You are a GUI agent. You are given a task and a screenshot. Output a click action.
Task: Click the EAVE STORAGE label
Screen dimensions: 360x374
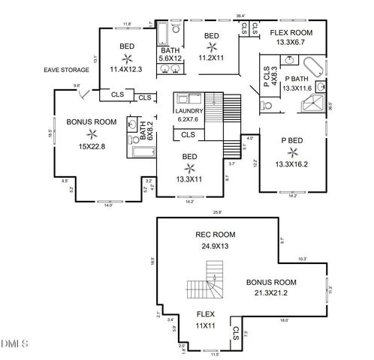tap(67, 70)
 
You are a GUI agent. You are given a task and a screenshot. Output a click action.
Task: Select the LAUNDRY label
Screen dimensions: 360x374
tap(188, 109)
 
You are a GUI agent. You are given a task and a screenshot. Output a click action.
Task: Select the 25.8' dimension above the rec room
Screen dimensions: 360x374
tap(216, 212)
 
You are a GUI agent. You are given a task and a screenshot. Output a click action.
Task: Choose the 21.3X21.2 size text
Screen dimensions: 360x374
tap(271, 293)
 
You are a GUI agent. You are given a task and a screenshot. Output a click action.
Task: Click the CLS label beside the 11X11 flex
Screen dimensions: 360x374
tap(235, 333)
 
